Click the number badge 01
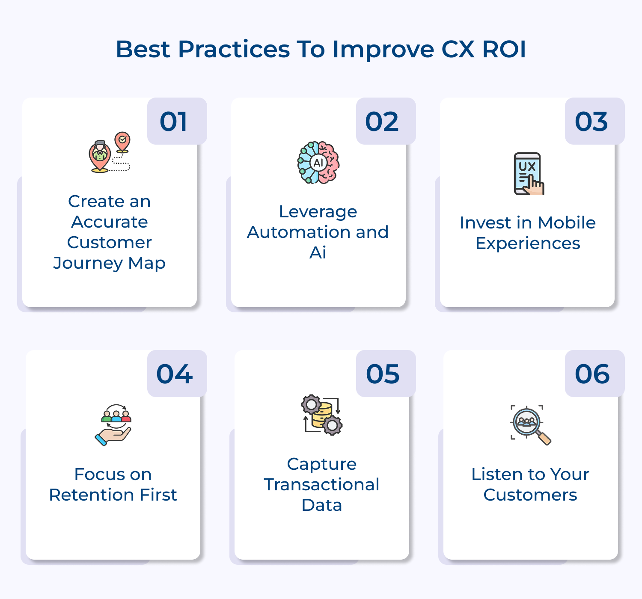177,122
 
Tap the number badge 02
386,122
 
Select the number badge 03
594,122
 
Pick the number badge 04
177,374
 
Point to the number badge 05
386,374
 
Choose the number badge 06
594,374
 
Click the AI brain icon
318,163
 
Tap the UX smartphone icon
529,174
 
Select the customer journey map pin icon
110,152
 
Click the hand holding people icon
113,425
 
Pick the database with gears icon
322,415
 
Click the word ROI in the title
504,49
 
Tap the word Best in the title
143,49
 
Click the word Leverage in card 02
318,212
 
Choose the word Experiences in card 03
528,243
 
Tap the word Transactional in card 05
321,485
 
